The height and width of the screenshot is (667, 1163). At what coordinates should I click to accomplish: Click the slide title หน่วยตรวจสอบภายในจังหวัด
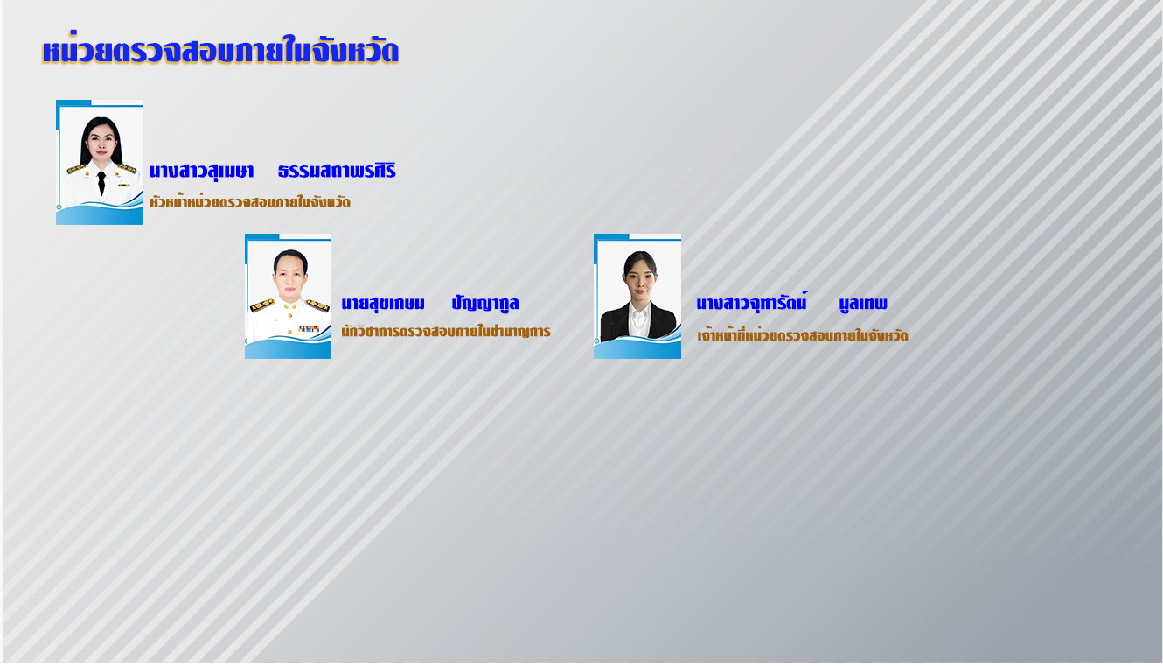coord(220,51)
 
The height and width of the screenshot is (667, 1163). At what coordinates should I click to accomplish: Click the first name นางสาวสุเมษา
coord(201,171)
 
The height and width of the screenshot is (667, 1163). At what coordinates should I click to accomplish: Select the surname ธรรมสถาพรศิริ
coord(337,170)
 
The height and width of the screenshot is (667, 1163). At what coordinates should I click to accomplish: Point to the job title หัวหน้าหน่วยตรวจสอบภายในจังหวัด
coord(250,201)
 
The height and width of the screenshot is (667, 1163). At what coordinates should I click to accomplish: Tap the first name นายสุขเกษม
coord(383,304)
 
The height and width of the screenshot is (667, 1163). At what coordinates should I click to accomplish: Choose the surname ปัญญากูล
coord(485,302)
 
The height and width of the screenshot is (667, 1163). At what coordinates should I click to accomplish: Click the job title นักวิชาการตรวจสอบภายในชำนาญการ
coord(446,331)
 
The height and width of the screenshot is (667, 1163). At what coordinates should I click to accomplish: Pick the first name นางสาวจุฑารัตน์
coord(752,303)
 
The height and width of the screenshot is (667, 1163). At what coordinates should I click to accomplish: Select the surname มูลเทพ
coord(863,304)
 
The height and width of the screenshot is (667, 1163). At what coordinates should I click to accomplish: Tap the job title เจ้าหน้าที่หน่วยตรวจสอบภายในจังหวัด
coord(803,334)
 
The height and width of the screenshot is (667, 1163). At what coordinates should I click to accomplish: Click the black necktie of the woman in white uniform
coord(101,183)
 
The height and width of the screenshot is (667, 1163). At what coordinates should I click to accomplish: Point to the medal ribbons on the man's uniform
coord(309,328)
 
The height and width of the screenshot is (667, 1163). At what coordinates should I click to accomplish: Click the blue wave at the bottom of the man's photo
coord(289,348)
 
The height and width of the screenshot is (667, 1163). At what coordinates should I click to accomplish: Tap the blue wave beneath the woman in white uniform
coord(100,214)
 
